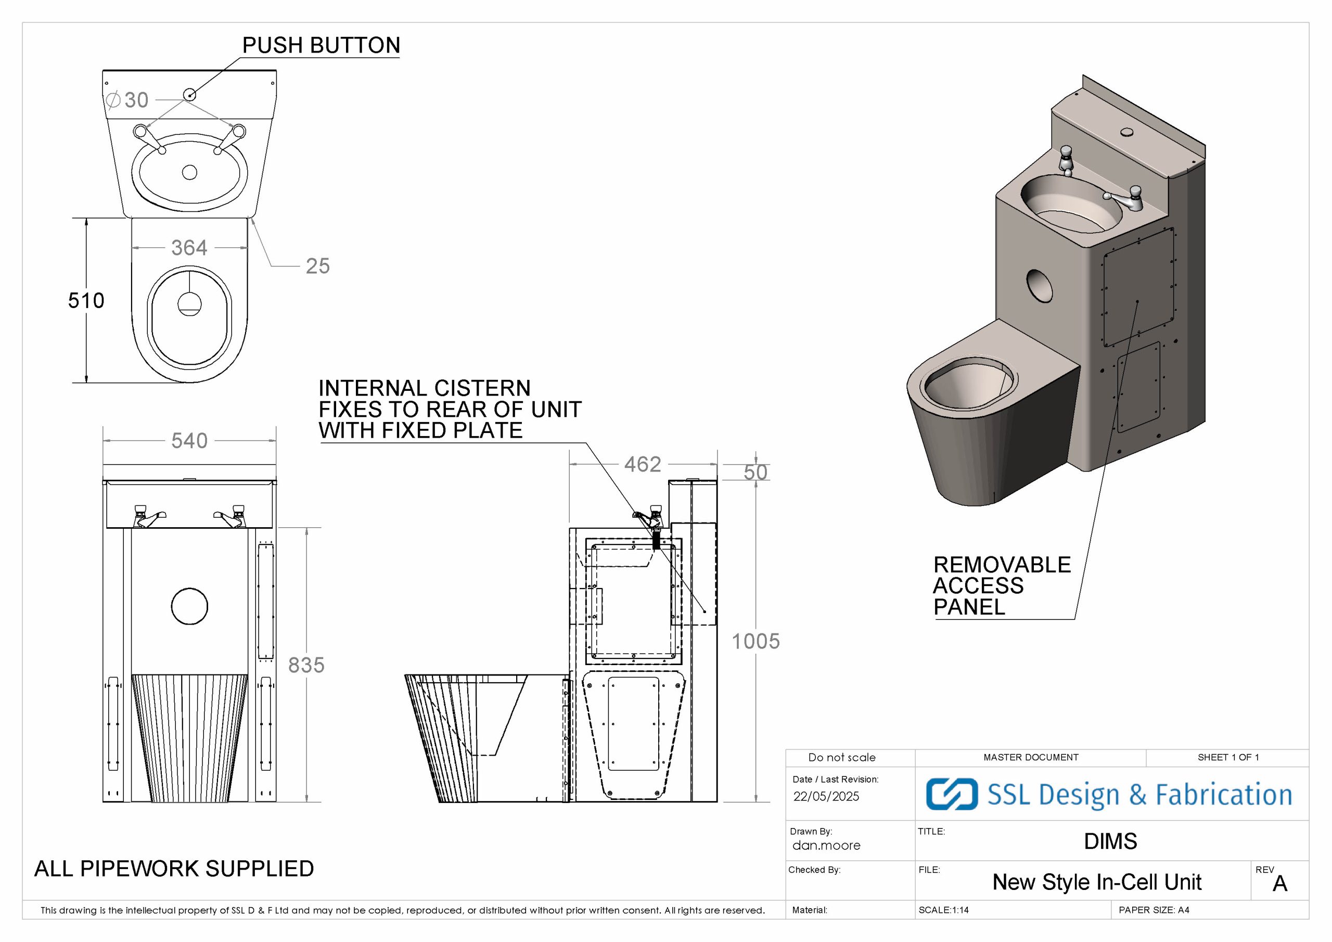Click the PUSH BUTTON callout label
(x=321, y=45)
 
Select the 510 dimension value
(x=86, y=301)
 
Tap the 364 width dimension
(x=189, y=248)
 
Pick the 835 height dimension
(x=306, y=665)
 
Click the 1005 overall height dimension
(x=755, y=641)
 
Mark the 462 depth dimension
(x=642, y=464)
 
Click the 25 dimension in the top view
(x=317, y=266)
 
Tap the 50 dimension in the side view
(x=755, y=473)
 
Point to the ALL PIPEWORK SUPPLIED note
(x=174, y=868)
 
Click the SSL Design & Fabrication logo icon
(x=952, y=794)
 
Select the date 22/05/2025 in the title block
(x=826, y=796)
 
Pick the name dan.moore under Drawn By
(x=826, y=846)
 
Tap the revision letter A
(x=1280, y=883)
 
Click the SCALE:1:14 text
(x=943, y=910)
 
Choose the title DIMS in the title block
(x=1110, y=842)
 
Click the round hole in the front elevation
(x=190, y=606)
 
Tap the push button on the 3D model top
(x=1127, y=132)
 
